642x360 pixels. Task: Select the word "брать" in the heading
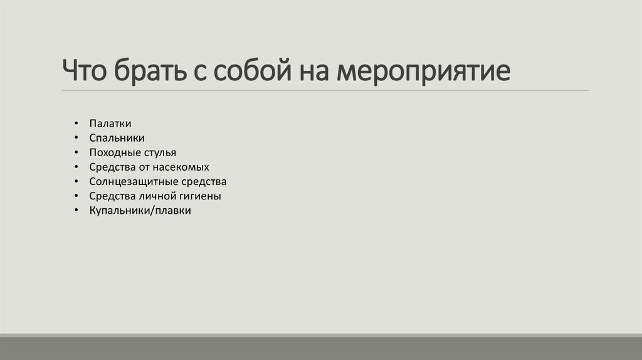click(147, 71)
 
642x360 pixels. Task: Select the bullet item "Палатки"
click(110, 124)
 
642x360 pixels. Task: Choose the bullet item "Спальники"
click(117, 138)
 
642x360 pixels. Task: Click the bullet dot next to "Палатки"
click(75, 124)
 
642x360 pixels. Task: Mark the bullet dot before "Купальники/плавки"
click(75, 211)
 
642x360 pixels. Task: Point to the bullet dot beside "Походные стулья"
click(75, 152)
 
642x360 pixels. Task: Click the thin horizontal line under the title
click(325, 91)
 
